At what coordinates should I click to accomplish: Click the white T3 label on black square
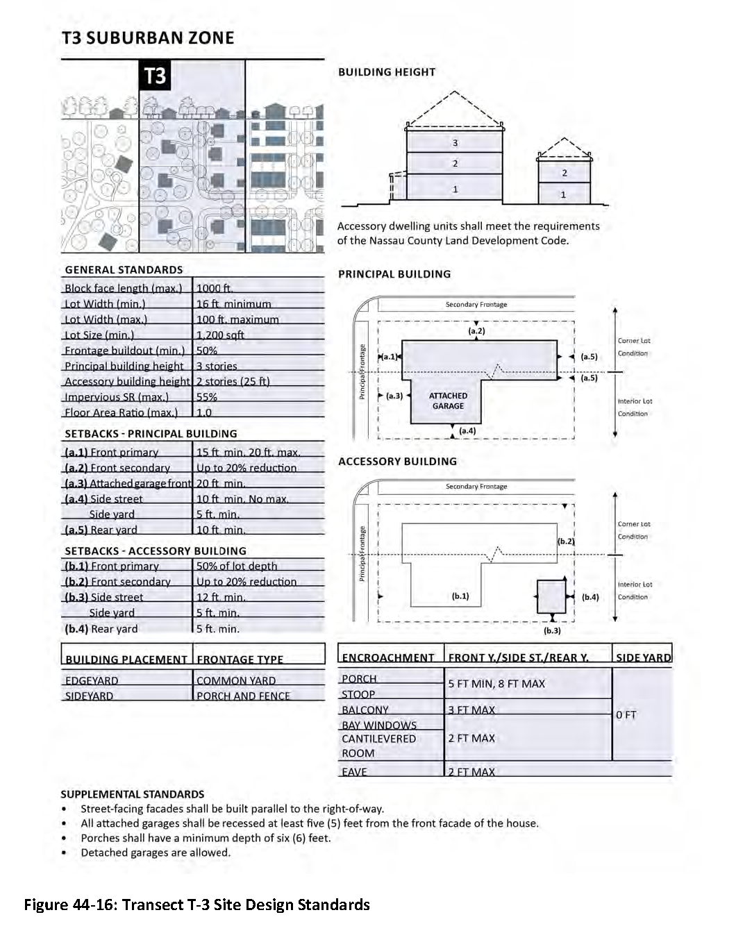point(156,76)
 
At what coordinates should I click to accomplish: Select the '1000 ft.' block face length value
point(215,288)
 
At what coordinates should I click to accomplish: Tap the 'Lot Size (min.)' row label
point(99,335)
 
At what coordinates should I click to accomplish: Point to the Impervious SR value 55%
point(207,397)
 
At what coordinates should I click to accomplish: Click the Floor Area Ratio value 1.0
point(204,412)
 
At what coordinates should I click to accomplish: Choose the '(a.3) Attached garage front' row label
point(128,483)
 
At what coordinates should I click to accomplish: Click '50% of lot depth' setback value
point(237,566)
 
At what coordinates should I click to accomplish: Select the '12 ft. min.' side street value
point(221,597)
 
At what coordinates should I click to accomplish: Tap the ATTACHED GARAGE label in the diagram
point(448,401)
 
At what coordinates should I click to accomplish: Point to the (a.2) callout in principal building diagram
point(476,331)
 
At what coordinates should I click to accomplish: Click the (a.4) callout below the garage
point(468,431)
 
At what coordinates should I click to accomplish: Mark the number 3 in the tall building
point(456,143)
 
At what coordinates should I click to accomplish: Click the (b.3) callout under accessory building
point(552,630)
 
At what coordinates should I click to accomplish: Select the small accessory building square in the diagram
point(552,596)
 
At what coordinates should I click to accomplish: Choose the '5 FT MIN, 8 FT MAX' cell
point(496,684)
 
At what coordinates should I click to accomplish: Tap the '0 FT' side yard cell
point(626,714)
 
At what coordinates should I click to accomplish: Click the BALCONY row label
point(365,709)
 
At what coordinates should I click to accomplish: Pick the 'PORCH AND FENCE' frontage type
point(243,696)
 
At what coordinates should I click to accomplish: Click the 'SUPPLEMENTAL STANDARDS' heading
point(133,794)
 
